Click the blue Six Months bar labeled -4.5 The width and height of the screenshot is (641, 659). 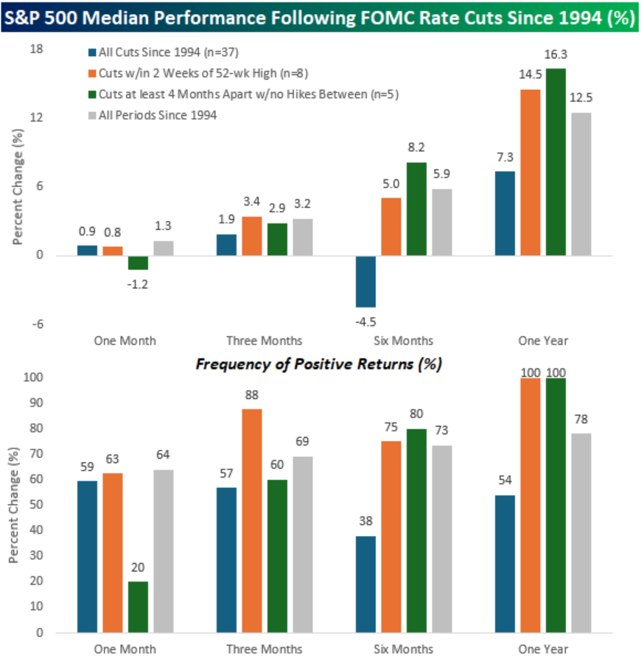click(x=365, y=282)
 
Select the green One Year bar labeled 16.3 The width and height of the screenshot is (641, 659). click(x=555, y=162)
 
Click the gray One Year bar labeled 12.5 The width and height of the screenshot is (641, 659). click(x=580, y=184)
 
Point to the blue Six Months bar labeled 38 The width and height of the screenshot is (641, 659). click(x=365, y=584)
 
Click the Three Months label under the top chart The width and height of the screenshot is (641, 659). click(x=264, y=341)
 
